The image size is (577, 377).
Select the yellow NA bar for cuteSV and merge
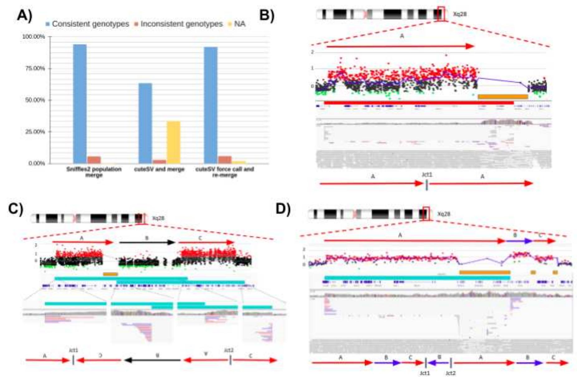[x=173, y=142]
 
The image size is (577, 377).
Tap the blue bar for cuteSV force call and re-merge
[x=210, y=105]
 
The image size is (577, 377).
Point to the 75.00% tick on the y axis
[x=35, y=68]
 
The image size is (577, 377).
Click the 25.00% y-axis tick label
[x=35, y=132]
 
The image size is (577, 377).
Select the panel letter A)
[x=24, y=15]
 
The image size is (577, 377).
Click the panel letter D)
[x=283, y=209]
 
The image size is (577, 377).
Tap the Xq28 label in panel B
[x=459, y=14]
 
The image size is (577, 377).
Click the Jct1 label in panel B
[x=427, y=175]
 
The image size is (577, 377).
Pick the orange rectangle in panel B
[x=502, y=97]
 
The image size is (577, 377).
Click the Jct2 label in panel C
[x=229, y=350]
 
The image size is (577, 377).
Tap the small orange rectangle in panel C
[x=110, y=274]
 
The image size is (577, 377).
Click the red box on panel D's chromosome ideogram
[x=426, y=214]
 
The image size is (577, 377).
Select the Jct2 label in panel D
[x=450, y=373]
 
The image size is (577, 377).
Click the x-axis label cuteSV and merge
[x=159, y=169]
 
